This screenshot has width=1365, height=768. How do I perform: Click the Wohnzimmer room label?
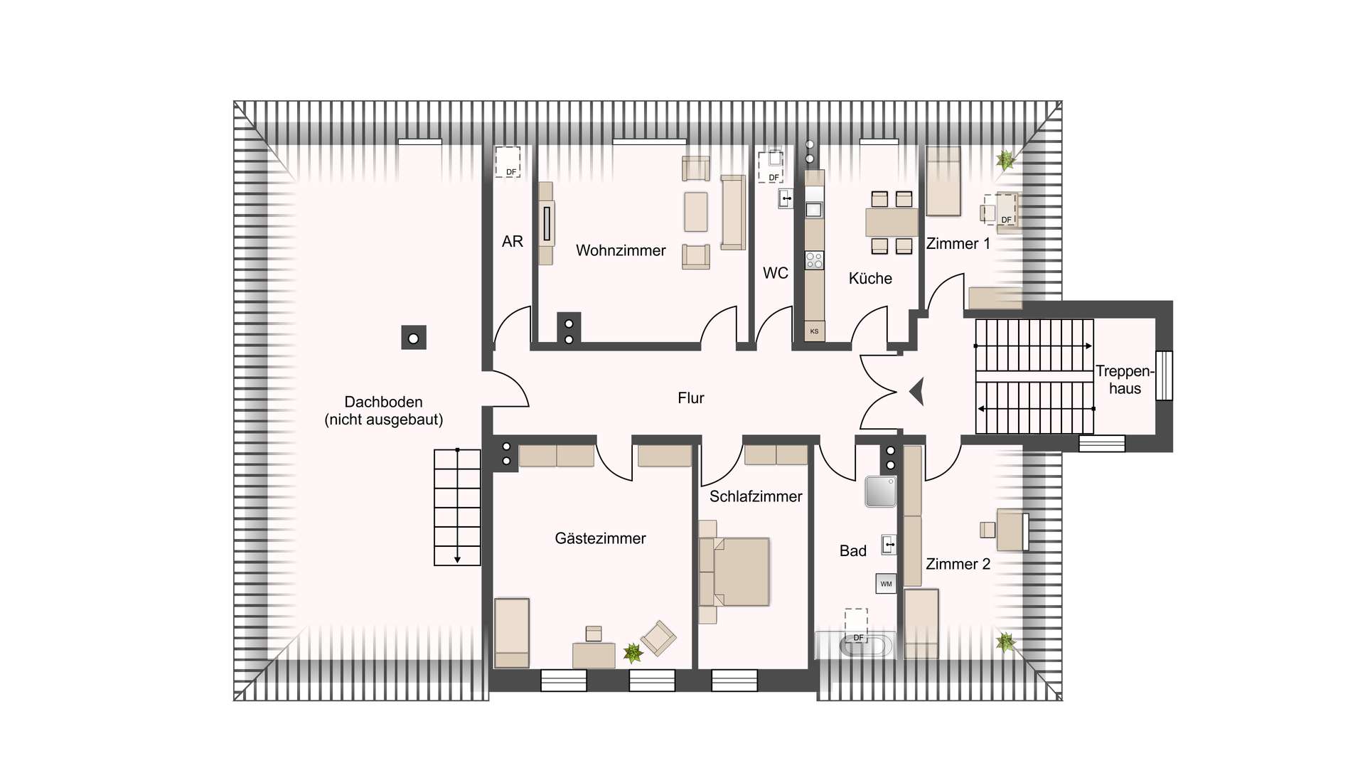[621, 250]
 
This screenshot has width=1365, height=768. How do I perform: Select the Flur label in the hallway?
[690, 398]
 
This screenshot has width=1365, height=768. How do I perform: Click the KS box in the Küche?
[814, 331]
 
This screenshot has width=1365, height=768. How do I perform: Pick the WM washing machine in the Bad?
[886, 584]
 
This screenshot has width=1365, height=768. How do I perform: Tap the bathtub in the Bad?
[864, 646]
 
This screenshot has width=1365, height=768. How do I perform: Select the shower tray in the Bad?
[880, 491]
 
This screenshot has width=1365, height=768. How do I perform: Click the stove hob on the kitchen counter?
[814, 260]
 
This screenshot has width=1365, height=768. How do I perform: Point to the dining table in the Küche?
[892, 223]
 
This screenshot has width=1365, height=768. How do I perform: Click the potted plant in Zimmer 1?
[1005, 160]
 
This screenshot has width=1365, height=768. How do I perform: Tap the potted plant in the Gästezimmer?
[632, 652]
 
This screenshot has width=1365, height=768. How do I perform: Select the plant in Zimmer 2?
[1005, 643]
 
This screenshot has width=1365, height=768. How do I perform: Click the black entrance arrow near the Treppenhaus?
[917, 391]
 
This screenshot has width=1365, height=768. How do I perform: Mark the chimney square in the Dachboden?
[413, 338]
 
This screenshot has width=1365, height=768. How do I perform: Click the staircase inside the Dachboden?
[457, 507]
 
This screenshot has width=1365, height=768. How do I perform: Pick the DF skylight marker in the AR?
[508, 162]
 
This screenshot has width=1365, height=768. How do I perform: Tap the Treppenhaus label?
[1124, 380]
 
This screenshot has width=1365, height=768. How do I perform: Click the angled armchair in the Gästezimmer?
[658, 638]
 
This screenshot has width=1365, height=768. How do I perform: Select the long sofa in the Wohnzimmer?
[733, 213]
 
